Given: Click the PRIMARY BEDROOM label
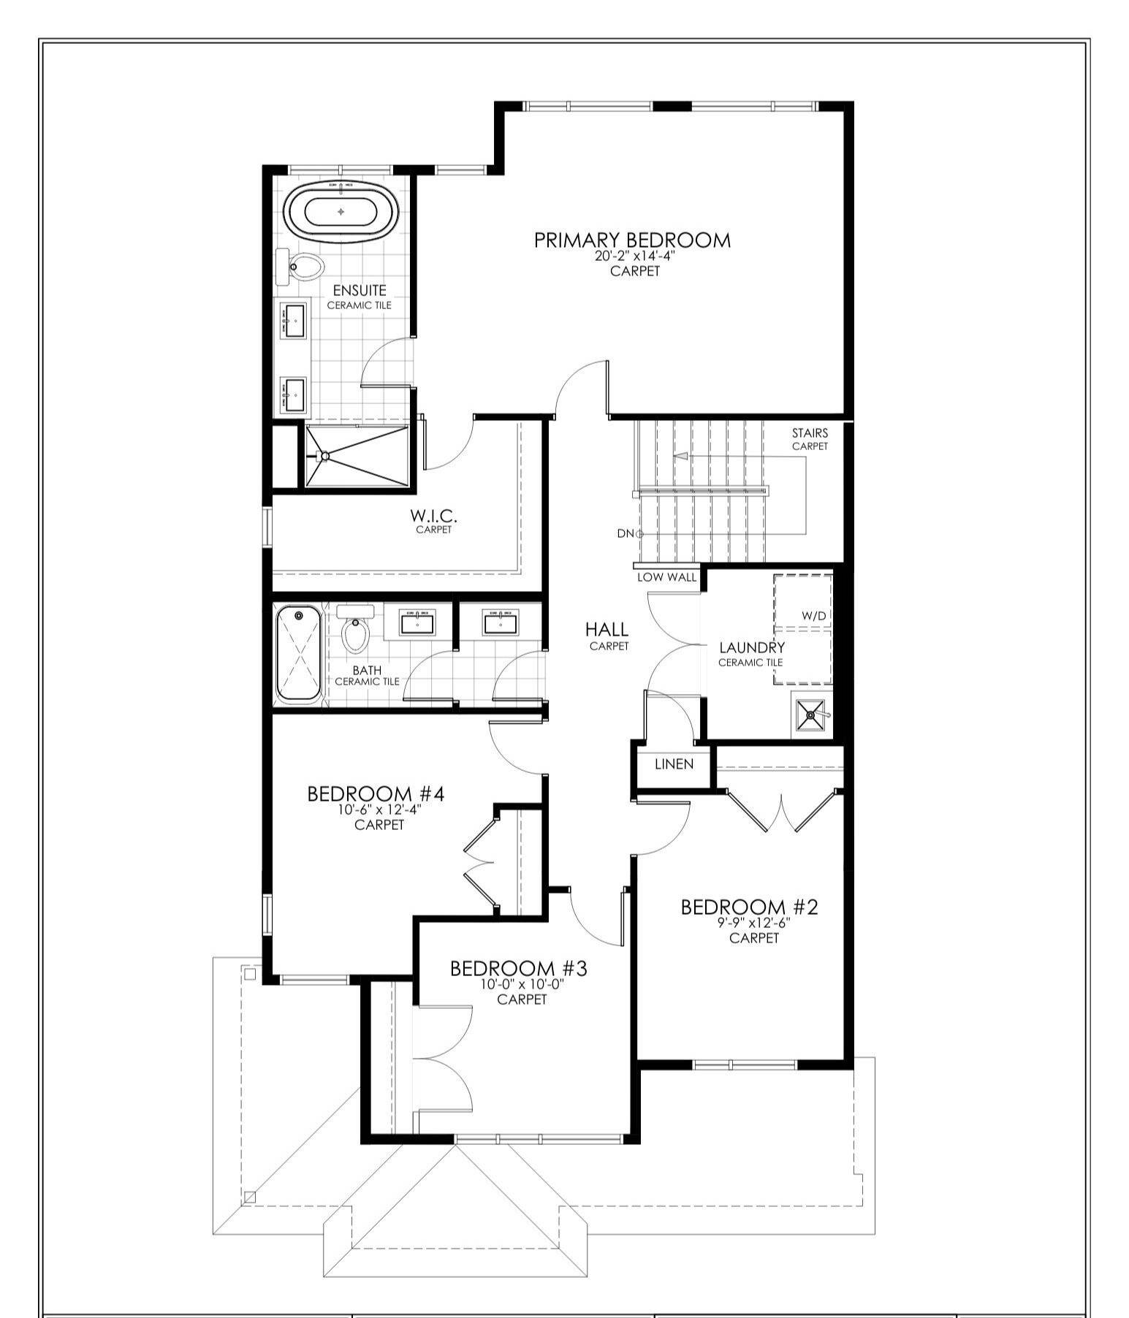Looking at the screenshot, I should (x=632, y=240).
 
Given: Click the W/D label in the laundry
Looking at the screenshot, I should (x=813, y=616).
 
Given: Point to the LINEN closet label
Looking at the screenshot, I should (x=674, y=764).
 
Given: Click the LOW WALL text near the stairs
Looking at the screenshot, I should (x=666, y=577).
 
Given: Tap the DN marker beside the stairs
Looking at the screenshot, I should (x=626, y=533).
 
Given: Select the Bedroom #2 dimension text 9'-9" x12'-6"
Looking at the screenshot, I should (x=754, y=923).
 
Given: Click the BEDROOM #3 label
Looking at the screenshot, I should (x=519, y=969).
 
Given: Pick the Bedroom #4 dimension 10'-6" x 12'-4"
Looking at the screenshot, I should (x=379, y=810).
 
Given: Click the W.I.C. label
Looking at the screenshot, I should (x=433, y=516).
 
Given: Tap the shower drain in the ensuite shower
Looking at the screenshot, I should (x=325, y=456).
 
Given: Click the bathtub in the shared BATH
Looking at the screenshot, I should (x=298, y=654).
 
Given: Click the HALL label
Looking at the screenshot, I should (x=607, y=629).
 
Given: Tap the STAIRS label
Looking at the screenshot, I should (x=810, y=433).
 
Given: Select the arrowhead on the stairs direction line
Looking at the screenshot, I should (x=680, y=457).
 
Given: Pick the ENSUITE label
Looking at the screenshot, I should (x=359, y=291).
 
